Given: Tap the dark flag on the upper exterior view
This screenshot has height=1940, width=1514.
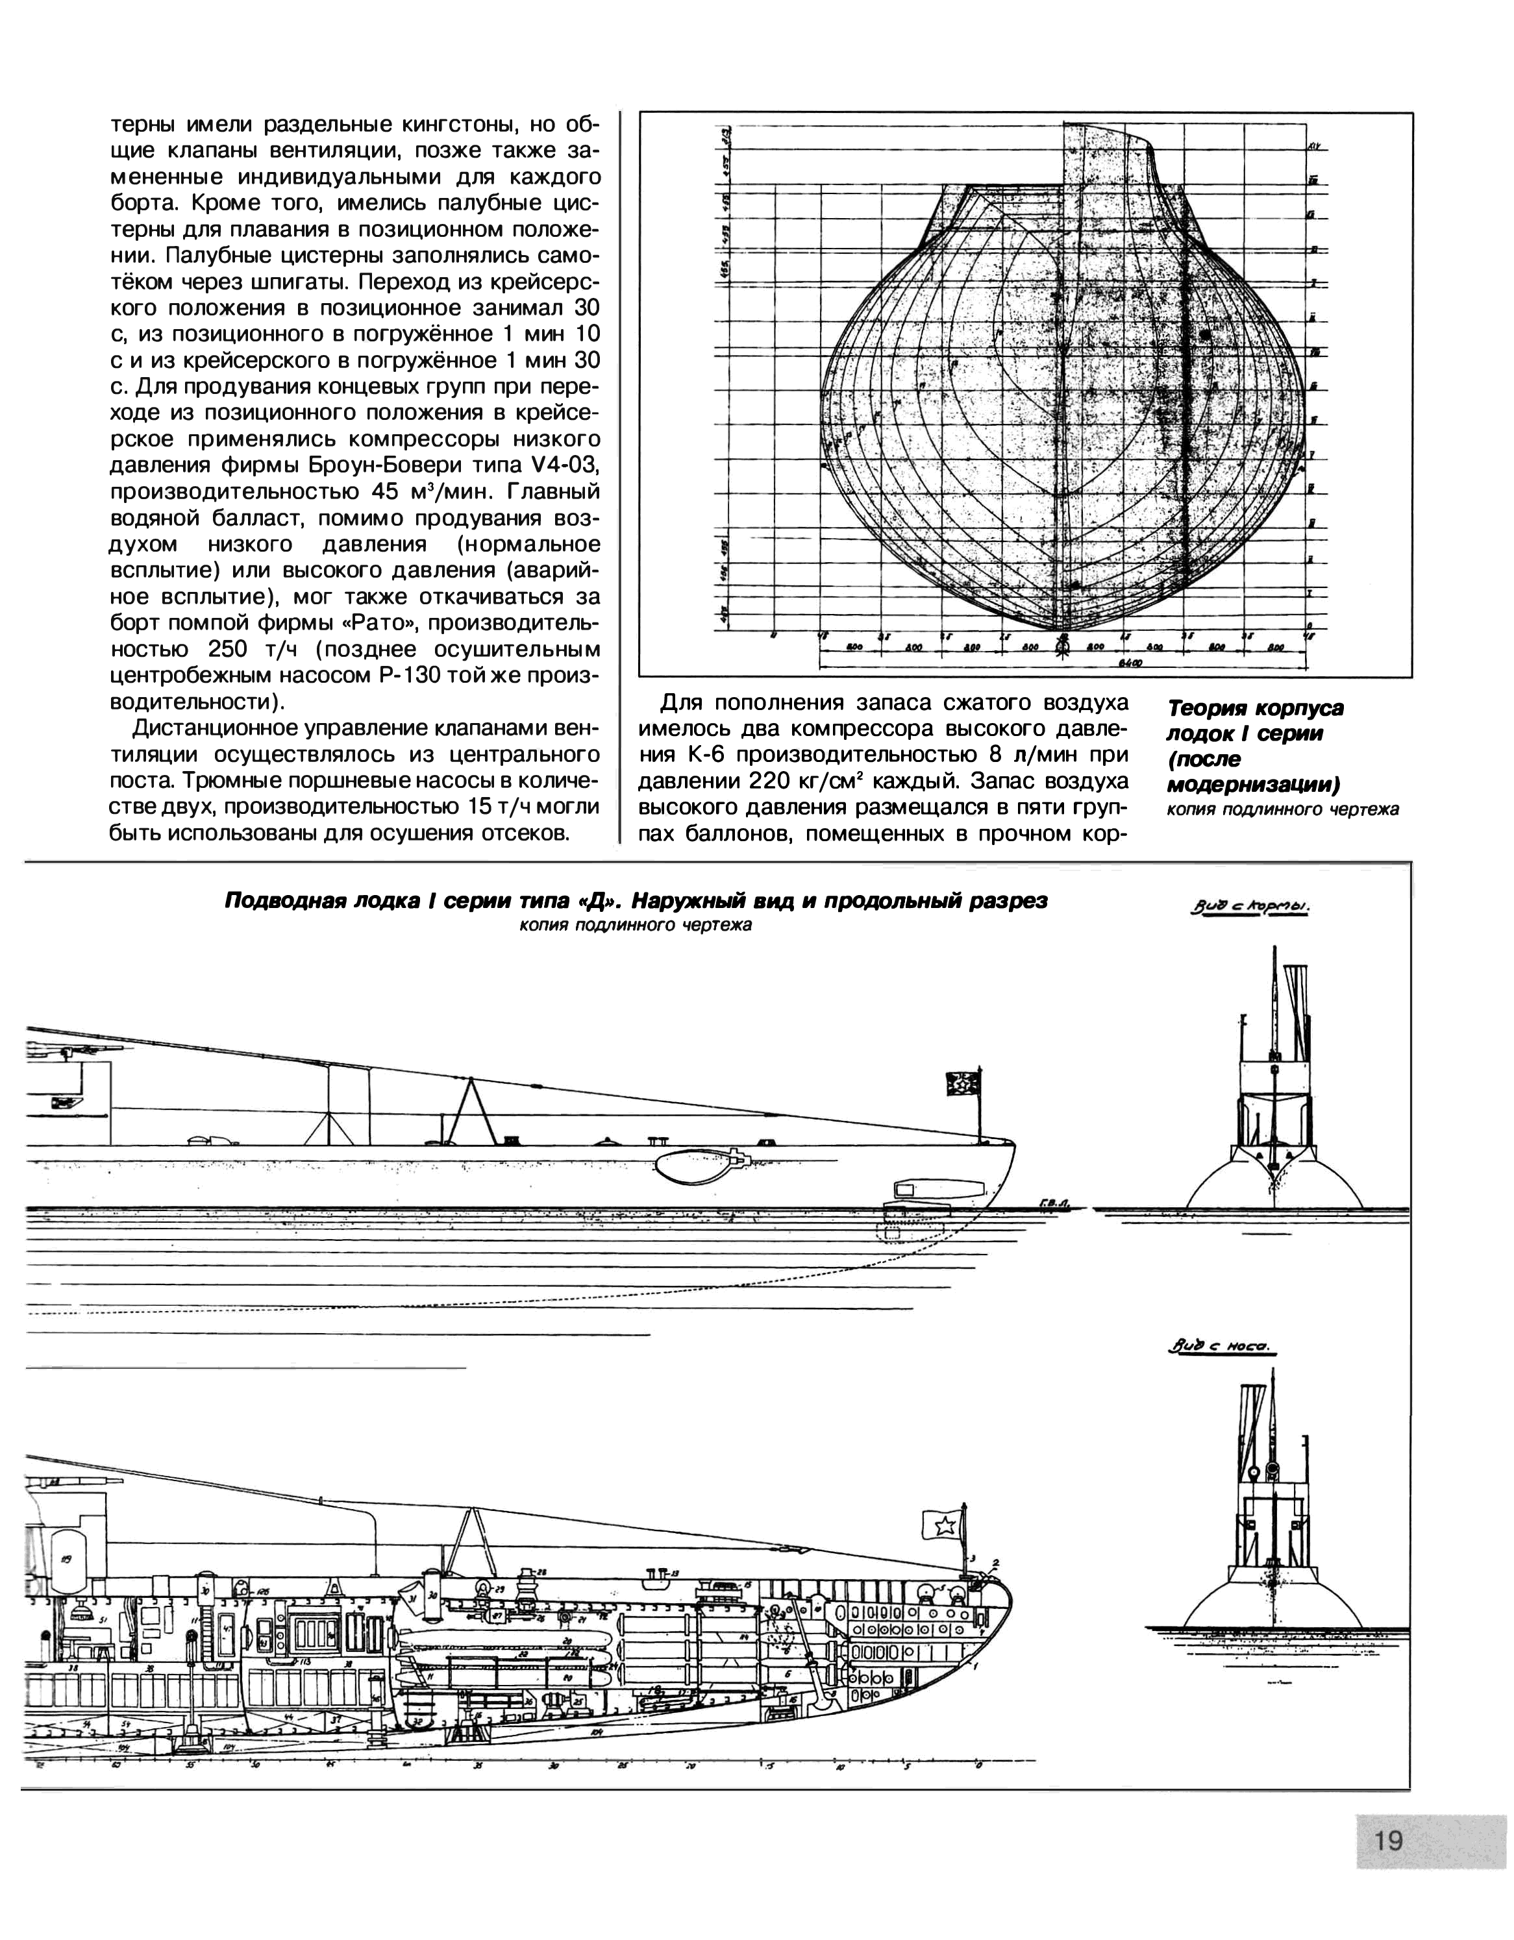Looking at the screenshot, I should coord(964,1085).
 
